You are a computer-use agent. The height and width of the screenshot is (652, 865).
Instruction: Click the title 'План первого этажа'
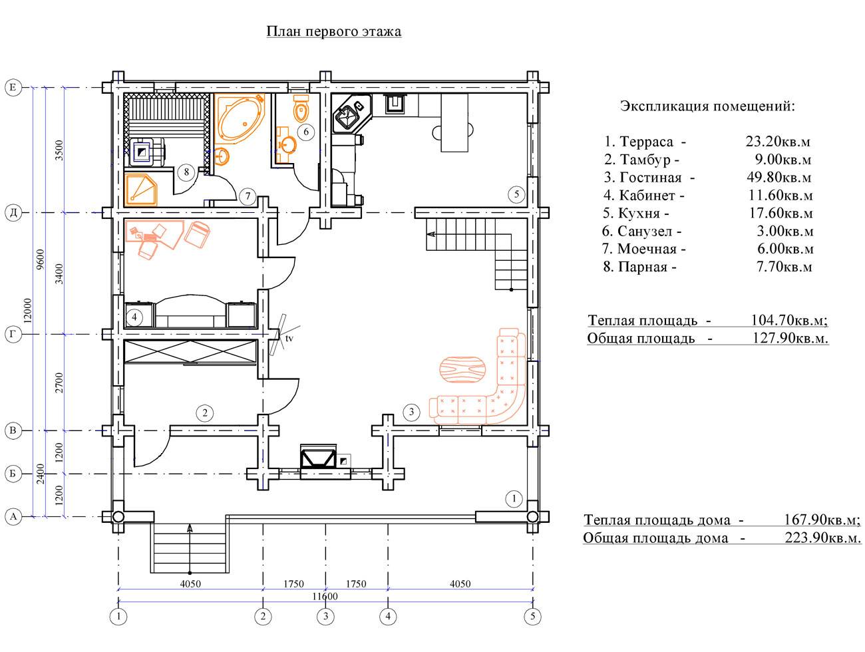point(334,31)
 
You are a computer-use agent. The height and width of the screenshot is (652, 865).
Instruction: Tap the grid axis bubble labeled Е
point(13,87)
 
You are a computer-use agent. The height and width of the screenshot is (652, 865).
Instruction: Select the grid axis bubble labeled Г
point(13,334)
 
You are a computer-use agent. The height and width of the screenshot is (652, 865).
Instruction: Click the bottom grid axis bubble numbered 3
point(325,616)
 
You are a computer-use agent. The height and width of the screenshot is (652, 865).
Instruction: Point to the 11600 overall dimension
point(325,596)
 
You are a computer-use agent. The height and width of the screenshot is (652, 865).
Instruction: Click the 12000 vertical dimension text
point(27,311)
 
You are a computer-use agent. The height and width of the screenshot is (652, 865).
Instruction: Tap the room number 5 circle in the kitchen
point(516,194)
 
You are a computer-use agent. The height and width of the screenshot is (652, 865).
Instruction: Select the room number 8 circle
point(186,172)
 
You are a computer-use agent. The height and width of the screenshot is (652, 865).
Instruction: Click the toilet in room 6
point(301,107)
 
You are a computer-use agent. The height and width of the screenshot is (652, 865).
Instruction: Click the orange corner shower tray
point(140,191)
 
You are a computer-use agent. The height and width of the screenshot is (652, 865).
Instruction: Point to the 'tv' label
point(289,338)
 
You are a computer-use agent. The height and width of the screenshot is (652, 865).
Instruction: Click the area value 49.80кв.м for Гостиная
point(778,177)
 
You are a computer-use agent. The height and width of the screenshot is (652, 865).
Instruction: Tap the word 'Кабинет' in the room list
point(641,195)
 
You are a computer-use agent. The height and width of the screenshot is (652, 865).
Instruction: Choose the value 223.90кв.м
point(823,538)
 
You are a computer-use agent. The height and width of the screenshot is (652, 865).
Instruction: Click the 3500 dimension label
point(59,150)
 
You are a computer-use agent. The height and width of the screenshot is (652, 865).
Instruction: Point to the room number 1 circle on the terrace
point(514,499)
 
